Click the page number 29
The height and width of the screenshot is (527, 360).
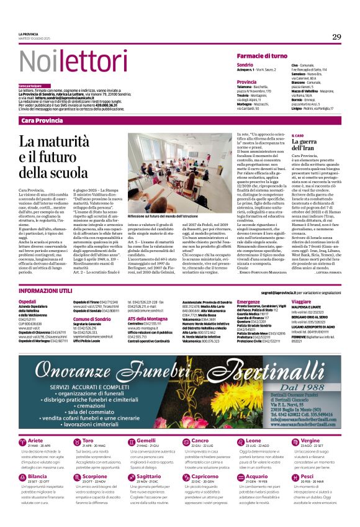[x=336, y=37]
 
